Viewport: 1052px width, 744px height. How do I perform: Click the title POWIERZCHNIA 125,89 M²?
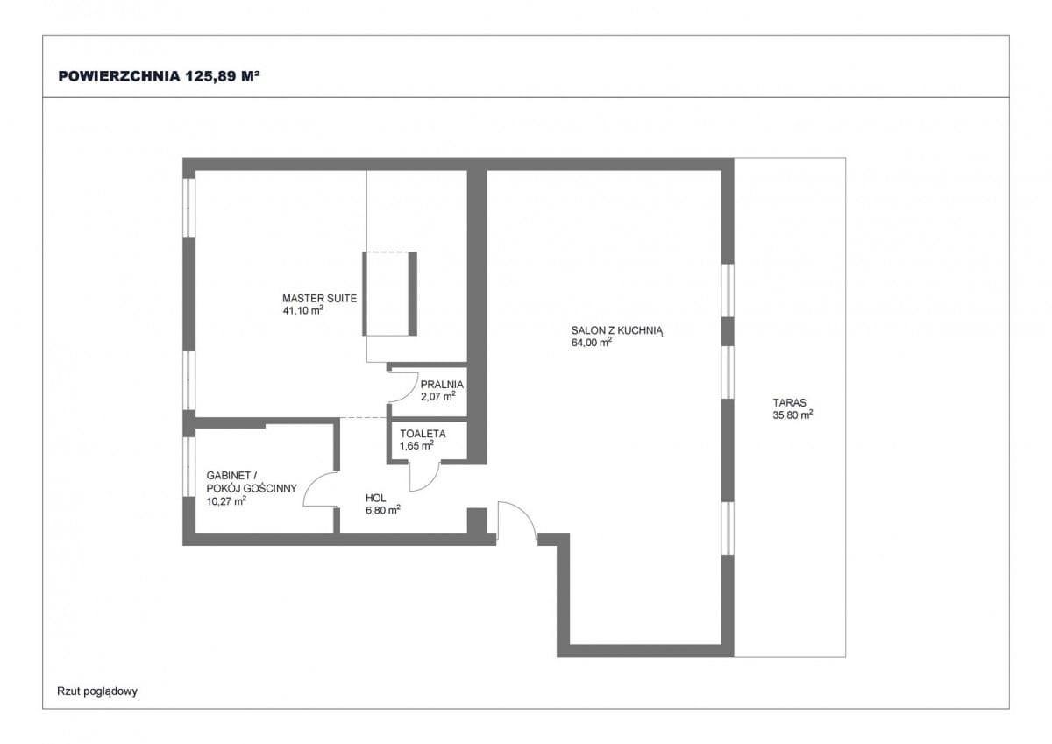pos(160,76)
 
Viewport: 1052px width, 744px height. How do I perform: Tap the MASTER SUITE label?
pos(319,298)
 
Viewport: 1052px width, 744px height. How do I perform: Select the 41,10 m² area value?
pos(303,310)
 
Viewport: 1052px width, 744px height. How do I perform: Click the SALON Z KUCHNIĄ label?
pos(617,331)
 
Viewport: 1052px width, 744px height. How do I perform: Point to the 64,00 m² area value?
pos(591,342)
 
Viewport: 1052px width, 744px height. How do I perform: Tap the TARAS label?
pos(790,402)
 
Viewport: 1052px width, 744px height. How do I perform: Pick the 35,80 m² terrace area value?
pos(793,415)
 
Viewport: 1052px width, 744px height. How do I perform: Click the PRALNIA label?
pos(442,385)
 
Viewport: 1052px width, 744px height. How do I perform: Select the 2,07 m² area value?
pos(438,396)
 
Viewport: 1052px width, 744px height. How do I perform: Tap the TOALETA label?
pos(423,434)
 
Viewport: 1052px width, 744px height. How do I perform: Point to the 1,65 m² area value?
pos(416,445)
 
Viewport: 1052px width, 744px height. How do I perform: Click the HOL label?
pos(376,498)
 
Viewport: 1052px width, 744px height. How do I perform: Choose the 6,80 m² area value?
pos(383,510)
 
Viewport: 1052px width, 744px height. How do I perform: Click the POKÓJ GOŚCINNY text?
pos(252,488)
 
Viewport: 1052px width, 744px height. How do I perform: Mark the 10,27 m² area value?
pos(226,501)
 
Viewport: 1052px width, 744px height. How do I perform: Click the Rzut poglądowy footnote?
pos(97,691)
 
